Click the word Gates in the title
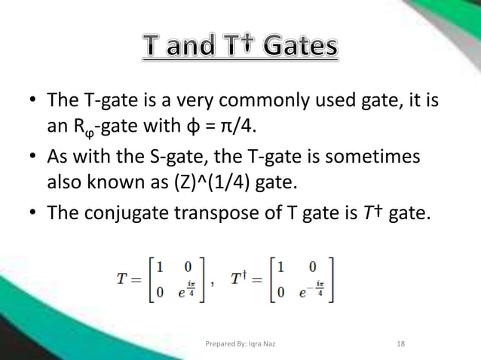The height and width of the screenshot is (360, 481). pos(293,48)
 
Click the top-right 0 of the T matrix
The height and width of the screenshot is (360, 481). pos(186,267)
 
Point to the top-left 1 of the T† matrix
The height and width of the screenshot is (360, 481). pos(280,267)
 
